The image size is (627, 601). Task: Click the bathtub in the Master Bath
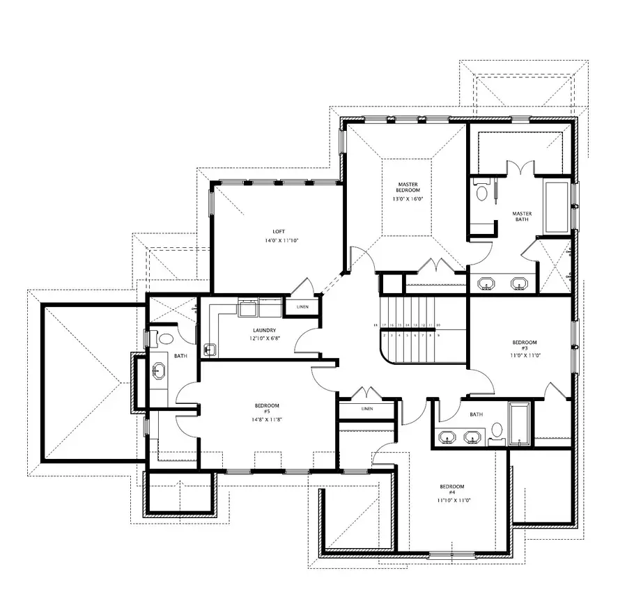(x=556, y=208)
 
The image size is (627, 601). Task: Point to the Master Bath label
(x=522, y=217)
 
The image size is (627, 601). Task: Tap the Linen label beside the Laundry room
(x=302, y=306)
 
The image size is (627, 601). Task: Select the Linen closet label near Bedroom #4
(x=367, y=409)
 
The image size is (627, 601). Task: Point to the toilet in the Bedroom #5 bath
(x=165, y=340)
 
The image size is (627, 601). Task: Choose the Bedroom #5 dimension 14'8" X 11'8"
(x=267, y=419)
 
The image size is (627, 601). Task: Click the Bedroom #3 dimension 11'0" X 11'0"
(x=525, y=355)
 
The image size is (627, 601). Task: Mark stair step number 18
(x=383, y=325)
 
